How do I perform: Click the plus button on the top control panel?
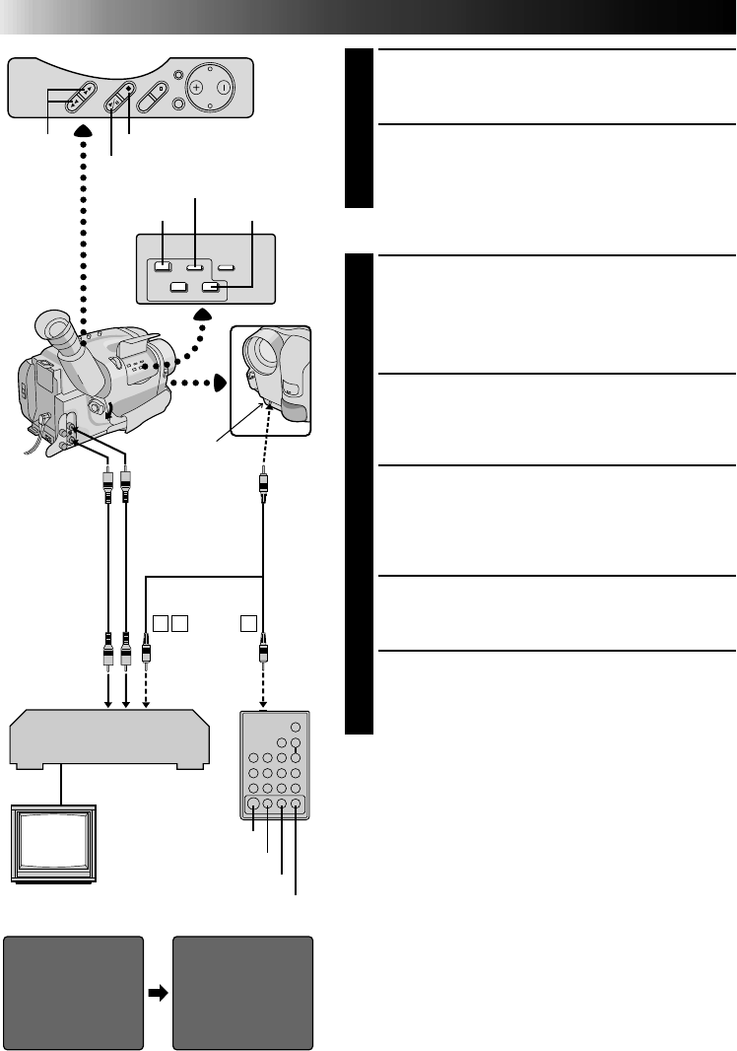197,87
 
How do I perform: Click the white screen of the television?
52,843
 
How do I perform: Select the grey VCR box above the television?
108,738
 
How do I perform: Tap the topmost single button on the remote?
295,731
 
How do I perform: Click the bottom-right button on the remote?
296,805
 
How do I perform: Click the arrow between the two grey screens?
158,993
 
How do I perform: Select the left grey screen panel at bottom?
74,993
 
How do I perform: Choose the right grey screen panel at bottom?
242,993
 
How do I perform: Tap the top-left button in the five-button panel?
165,265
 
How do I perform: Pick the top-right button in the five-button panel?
228,265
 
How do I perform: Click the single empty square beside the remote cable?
248,623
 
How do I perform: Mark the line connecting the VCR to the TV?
61,786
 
